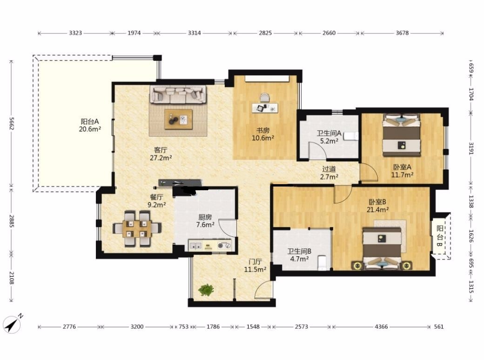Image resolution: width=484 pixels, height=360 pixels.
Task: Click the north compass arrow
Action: pos(13,324)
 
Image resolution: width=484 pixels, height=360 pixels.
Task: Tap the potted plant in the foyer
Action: pos(206,290)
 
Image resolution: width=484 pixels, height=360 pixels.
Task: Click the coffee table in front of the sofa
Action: pos(178,119)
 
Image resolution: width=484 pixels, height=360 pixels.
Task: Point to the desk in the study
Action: pos(265,108)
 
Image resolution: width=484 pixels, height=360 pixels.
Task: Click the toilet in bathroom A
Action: pos(351,136)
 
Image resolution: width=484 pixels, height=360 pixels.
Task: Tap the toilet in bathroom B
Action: pos(322,263)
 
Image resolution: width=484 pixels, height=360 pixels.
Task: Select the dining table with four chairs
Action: pos(137,228)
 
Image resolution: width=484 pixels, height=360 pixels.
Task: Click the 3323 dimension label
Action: pos(75,33)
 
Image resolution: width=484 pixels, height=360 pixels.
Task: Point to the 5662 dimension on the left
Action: pos(12,123)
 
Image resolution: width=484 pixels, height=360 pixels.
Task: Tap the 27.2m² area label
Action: pos(161,158)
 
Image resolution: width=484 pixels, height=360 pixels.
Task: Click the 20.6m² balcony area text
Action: pos(90,129)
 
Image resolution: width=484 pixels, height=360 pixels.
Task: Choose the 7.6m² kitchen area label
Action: pos(205,225)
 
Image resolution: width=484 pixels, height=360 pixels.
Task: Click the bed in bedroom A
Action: pos(402,135)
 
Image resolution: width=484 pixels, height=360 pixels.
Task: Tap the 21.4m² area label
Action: pos(377,209)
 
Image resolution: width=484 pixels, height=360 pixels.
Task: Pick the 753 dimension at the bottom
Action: pos(184,327)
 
